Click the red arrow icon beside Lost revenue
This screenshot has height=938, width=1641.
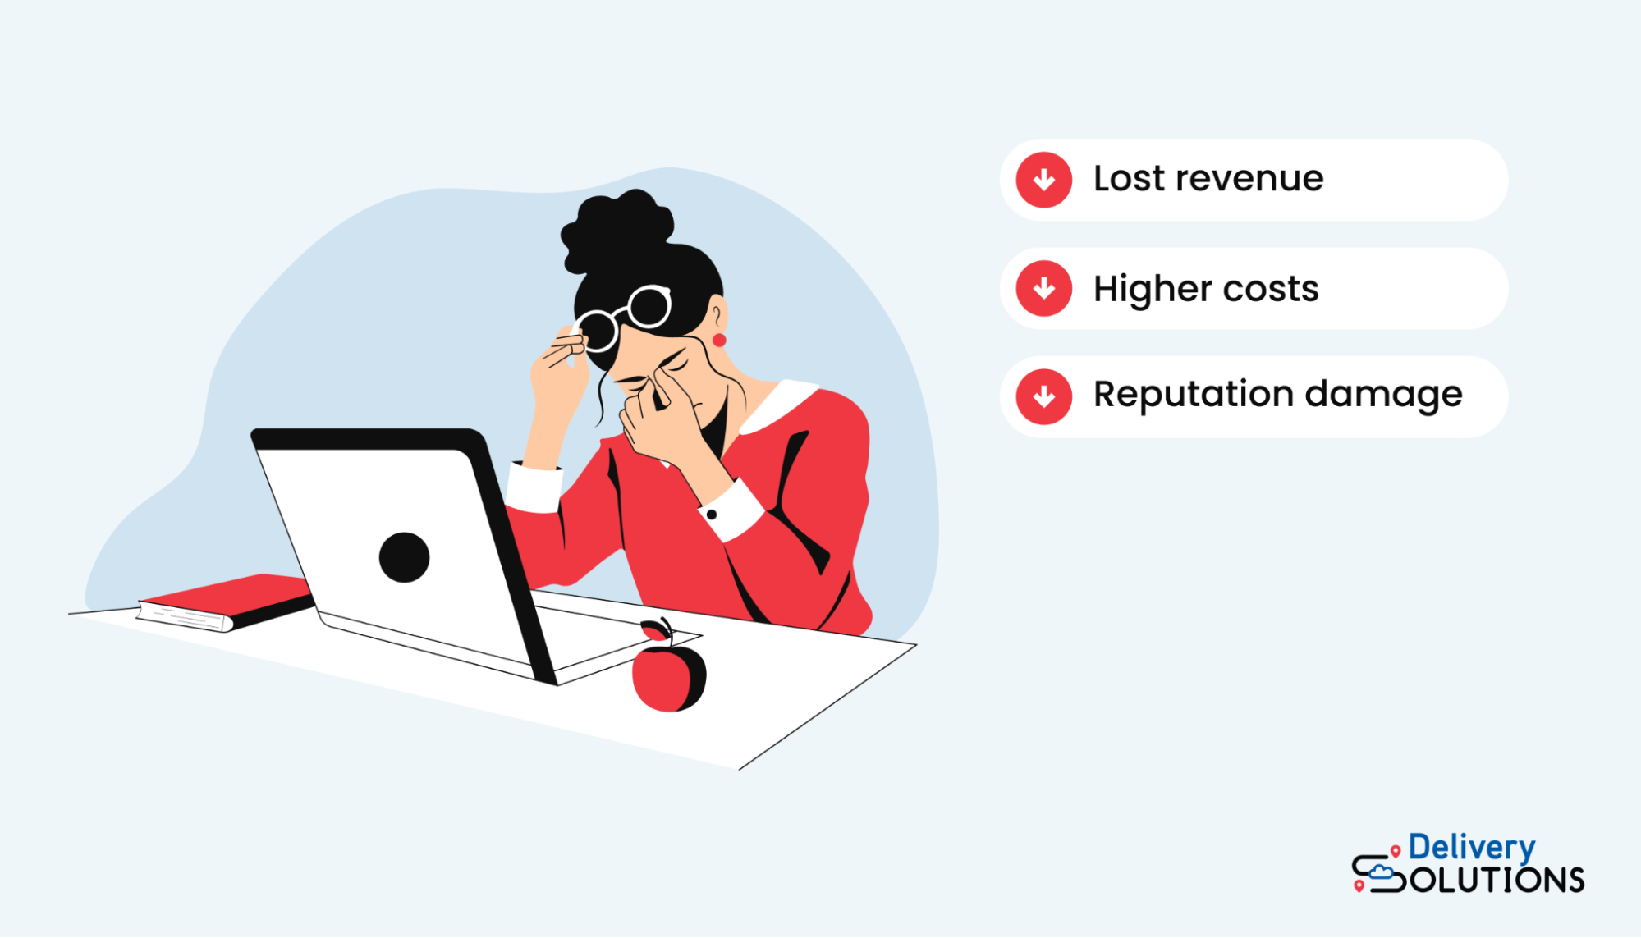[x=1043, y=180]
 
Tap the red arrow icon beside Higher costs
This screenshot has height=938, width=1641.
[x=1043, y=289]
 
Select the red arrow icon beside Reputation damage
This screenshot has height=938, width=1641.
[x=1043, y=397]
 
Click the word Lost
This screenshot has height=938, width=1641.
[x=1129, y=179]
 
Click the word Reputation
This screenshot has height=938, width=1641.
[x=1193, y=396]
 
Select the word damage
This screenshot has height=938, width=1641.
[x=1383, y=396]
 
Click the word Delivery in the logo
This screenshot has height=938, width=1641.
[x=1471, y=848]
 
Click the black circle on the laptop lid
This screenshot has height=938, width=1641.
[x=404, y=557]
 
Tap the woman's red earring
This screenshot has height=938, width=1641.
[x=719, y=340]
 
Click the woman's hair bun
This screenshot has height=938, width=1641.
[x=616, y=230]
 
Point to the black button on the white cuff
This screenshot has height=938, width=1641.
[x=712, y=515]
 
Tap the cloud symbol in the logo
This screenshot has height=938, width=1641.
[x=1381, y=871]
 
